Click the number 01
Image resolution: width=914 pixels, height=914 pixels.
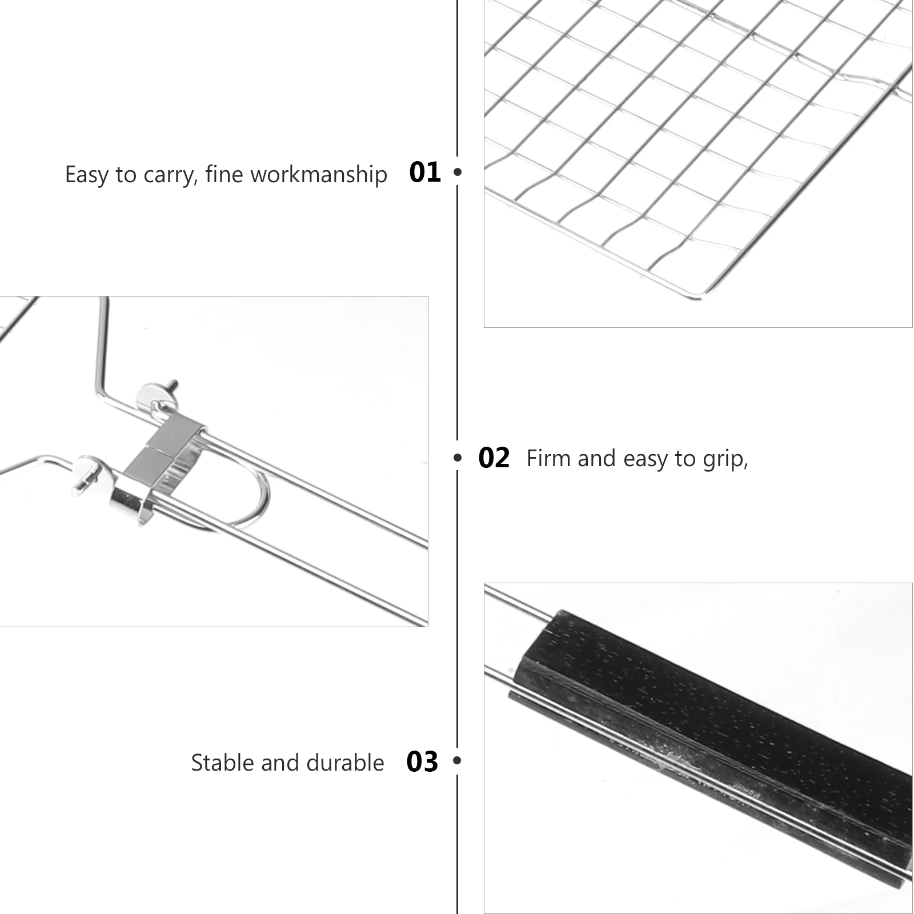[425, 172]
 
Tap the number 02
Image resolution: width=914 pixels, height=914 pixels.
[494, 458]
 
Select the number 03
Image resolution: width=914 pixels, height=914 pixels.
[422, 761]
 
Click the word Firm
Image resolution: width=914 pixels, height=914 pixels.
[548, 458]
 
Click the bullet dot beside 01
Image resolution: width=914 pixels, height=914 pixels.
[457, 171]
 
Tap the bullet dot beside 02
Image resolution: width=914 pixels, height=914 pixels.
[457, 458]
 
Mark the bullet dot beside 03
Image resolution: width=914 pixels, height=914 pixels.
[456, 760]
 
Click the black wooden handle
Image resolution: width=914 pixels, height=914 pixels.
[714, 737]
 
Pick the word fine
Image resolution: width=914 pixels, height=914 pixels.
[225, 174]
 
